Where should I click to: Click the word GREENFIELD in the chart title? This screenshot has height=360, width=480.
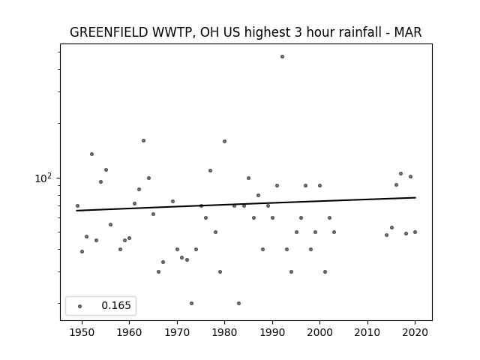click(x=109, y=32)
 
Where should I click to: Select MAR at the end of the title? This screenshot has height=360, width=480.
click(x=408, y=32)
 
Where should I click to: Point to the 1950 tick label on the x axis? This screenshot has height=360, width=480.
click(x=82, y=332)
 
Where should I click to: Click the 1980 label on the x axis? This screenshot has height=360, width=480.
click(x=224, y=332)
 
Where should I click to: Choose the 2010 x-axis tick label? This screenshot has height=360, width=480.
click(x=367, y=332)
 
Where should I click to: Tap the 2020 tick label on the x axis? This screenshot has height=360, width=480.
click(x=415, y=332)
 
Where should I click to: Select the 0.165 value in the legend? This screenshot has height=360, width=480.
click(x=116, y=305)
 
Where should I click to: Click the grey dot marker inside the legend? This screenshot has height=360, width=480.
click(x=80, y=306)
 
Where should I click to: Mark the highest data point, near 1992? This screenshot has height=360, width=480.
click(x=282, y=57)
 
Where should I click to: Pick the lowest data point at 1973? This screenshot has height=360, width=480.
click(x=192, y=303)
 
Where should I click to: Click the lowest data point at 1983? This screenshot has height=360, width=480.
click(x=238, y=303)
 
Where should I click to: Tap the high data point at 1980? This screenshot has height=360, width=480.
click(x=225, y=142)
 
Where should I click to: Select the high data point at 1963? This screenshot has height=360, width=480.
click(x=143, y=141)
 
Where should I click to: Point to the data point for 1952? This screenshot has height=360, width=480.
click(x=91, y=154)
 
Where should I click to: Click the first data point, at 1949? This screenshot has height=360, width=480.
click(x=77, y=205)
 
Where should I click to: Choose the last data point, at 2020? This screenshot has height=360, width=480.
click(x=415, y=232)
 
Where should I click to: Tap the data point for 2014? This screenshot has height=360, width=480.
click(x=387, y=235)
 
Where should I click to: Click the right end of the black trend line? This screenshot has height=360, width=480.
click(x=415, y=197)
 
